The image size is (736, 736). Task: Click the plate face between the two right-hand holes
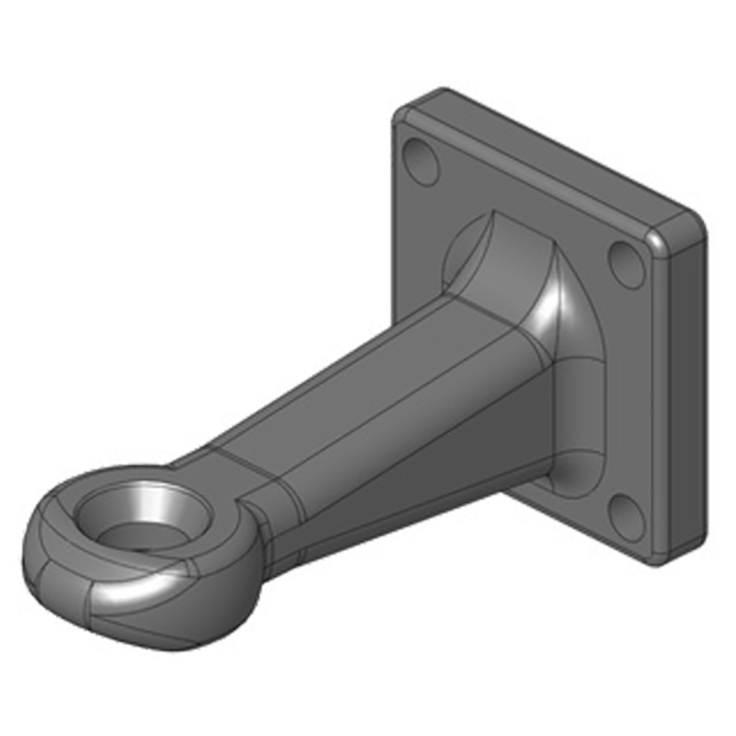(635, 386)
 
